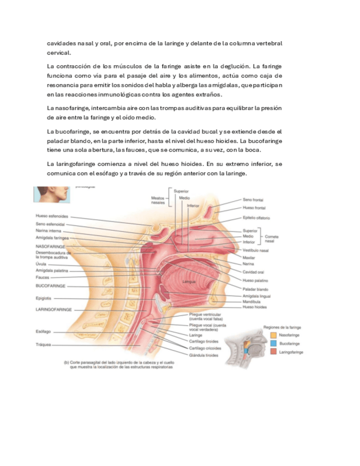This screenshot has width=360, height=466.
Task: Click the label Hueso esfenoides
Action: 52,216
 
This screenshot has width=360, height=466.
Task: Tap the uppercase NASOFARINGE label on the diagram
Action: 51,247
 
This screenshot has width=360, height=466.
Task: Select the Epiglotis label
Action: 44,298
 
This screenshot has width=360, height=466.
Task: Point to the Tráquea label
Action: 43,345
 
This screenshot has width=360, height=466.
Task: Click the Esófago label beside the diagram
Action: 43,332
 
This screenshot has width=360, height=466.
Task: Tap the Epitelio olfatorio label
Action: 256,218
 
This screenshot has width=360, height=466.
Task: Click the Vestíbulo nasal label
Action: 256,250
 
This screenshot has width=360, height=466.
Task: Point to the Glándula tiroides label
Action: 203,355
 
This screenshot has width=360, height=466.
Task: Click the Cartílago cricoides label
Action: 206,348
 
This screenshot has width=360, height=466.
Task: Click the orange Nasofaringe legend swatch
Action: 273,334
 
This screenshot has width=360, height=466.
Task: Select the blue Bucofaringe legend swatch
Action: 273,343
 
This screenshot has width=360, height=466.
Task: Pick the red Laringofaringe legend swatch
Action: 273,352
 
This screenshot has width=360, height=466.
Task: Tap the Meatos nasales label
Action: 158,200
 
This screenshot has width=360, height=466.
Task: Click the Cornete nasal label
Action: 272,238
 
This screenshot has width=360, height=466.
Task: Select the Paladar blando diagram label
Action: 255,289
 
